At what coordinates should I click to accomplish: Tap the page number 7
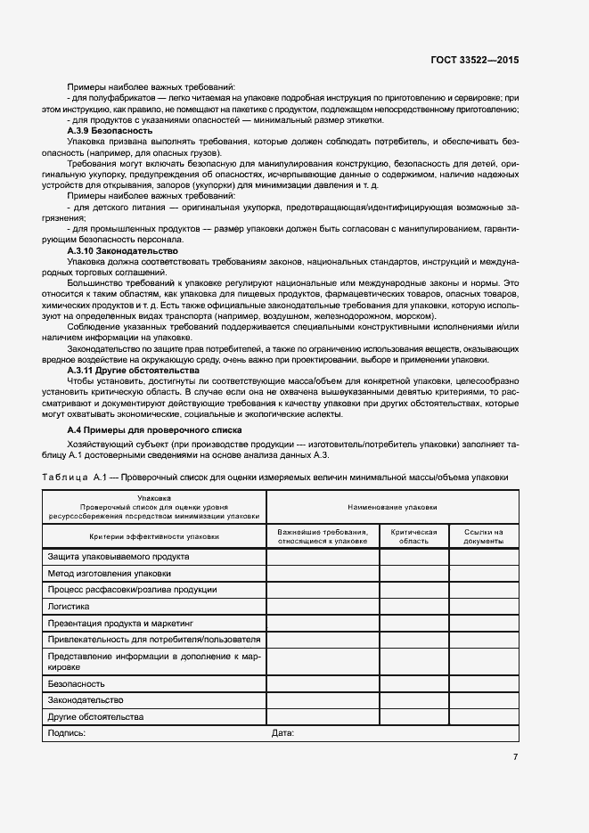click(x=515, y=757)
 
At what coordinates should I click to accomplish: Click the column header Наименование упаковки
click(x=392, y=506)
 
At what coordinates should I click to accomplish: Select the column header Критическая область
click(x=414, y=536)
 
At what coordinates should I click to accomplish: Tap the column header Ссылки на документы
click(x=483, y=536)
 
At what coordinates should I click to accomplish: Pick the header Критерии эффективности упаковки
click(x=154, y=536)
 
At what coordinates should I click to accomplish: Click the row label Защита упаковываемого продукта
click(x=118, y=557)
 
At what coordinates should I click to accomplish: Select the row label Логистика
click(x=70, y=606)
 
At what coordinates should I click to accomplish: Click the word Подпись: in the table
click(x=66, y=733)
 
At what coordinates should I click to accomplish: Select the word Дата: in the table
click(x=282, y=733)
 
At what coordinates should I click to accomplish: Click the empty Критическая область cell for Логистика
click(x=414, y=606)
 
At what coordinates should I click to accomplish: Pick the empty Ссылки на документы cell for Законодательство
click(x=483, y=701)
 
